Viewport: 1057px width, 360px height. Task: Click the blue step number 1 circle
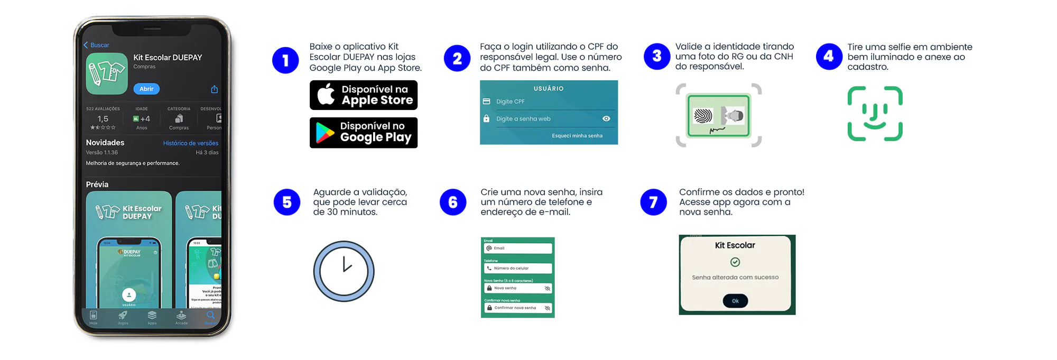285,60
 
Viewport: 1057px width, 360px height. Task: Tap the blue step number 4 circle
829,57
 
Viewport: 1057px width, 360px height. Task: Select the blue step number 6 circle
453,202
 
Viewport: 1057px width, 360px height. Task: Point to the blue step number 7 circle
653,202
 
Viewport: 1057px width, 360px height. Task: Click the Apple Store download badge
364,95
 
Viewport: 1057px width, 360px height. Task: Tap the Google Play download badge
364,133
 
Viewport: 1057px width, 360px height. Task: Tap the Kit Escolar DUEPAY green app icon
107,73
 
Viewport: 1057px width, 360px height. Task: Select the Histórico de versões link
190,143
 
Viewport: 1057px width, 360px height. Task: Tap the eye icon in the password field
606,119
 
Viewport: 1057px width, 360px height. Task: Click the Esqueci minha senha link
577,136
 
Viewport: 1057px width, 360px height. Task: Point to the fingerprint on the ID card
703,116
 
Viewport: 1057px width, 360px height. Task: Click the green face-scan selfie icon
875,114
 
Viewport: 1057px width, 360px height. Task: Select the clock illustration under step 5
344,271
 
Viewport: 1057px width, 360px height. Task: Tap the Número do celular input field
518,269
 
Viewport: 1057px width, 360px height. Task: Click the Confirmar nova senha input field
518,308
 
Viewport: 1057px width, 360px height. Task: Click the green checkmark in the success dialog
735,262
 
